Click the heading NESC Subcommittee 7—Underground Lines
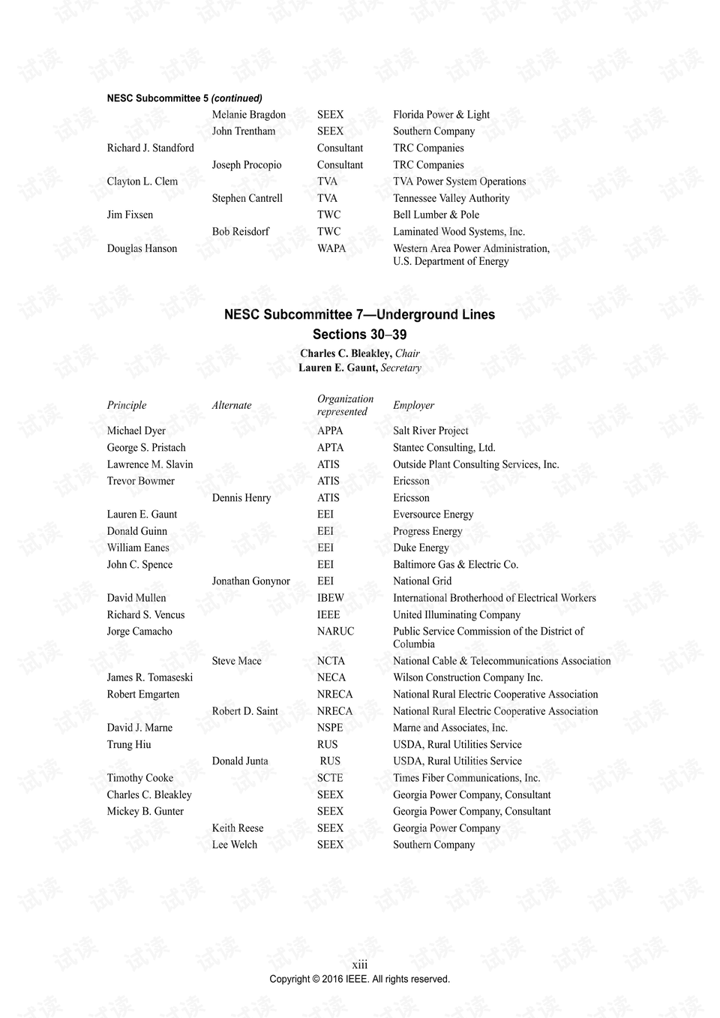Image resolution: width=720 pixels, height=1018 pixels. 359,315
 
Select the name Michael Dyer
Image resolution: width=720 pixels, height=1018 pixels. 136,431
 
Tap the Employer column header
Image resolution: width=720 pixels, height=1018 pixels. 413,406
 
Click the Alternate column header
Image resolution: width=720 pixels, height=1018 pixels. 232,406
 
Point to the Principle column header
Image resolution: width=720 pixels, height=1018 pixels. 127,406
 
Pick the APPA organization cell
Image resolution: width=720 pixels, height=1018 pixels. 330,431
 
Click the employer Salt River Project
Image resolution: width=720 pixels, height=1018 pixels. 430,431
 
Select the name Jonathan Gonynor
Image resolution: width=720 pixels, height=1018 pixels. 250,581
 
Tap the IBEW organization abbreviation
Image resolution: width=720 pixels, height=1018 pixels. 331,598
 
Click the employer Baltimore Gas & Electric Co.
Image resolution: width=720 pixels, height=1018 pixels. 455,565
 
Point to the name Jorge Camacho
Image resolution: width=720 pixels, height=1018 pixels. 139,632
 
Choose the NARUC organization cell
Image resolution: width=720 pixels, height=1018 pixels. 335,632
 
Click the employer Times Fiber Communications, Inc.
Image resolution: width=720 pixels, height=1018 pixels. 466,778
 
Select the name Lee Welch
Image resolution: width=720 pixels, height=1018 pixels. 234,845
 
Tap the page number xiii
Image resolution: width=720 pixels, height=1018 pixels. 360,965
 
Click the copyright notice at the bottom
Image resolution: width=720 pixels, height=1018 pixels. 360,979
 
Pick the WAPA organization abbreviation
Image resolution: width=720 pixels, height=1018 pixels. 331,248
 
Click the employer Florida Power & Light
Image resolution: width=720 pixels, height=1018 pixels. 441,115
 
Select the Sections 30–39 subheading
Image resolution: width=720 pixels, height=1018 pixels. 359,335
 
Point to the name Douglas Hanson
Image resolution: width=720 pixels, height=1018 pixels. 142,248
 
